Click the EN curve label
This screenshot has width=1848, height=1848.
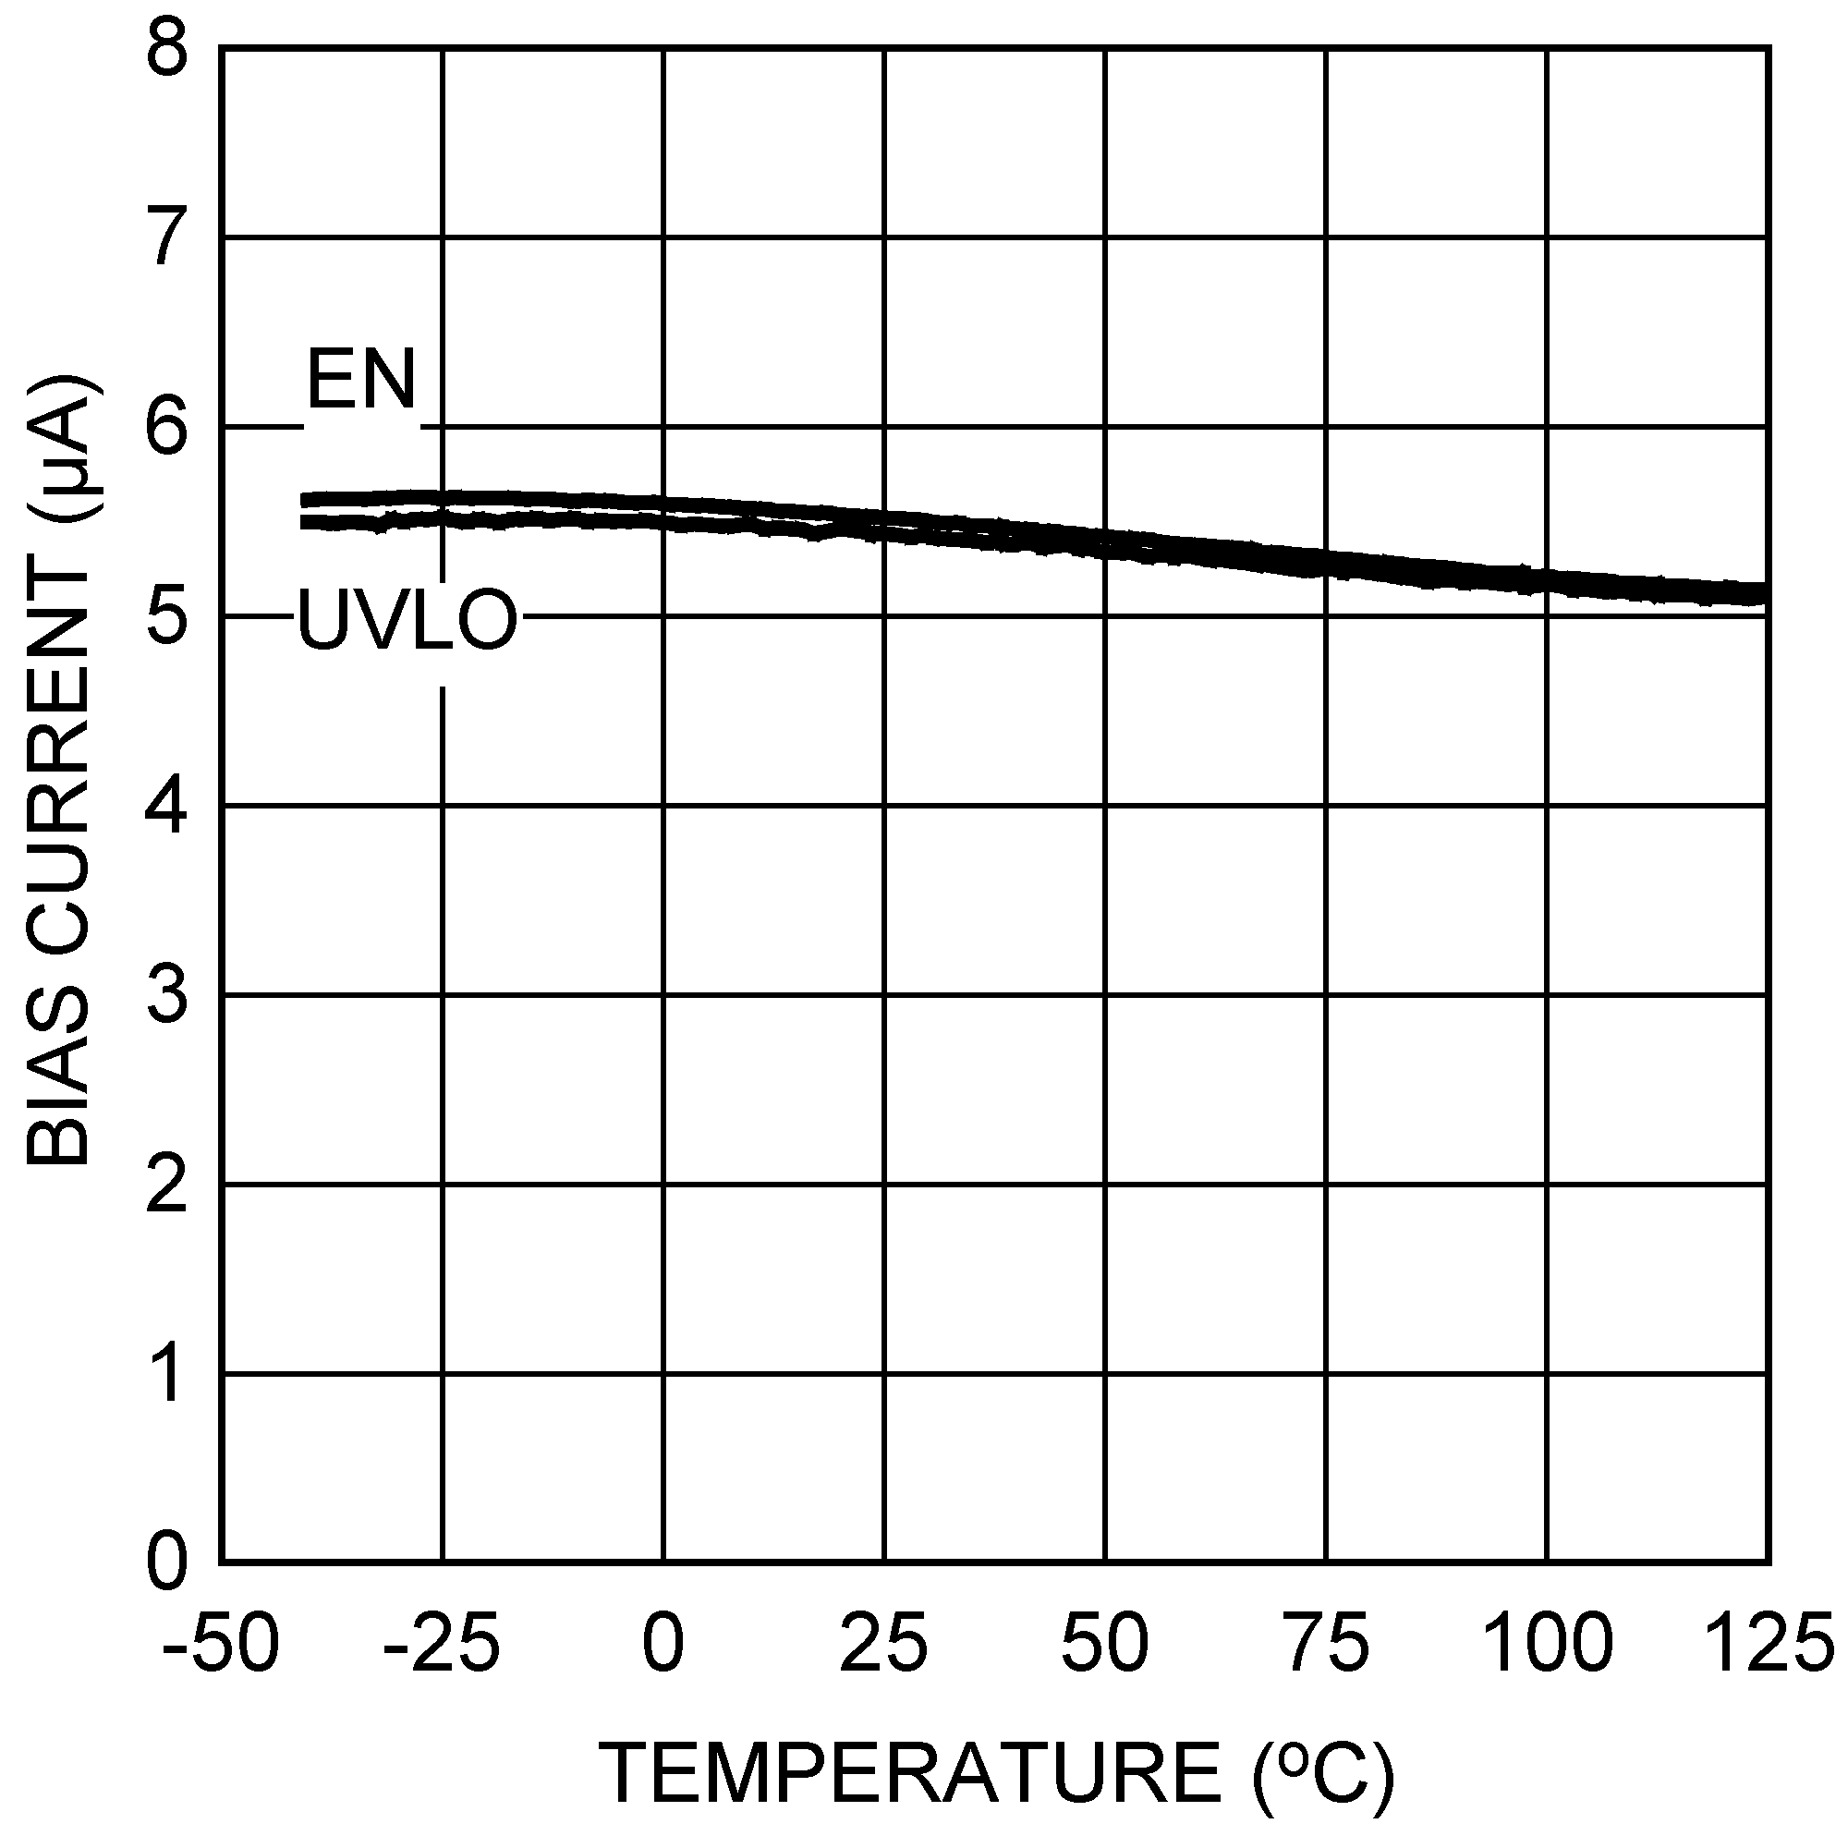[360, 381]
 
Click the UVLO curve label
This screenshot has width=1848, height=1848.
[407, 621]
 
